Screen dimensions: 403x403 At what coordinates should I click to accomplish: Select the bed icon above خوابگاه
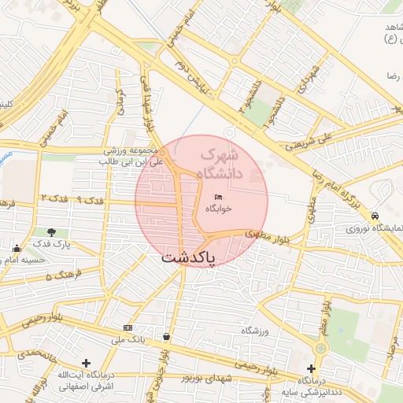(219, 197)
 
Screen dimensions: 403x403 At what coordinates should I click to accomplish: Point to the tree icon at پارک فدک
(52, 232)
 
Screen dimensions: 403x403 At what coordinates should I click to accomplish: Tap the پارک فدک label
(52, 245)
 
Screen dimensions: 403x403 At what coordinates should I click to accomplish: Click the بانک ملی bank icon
(128, 327)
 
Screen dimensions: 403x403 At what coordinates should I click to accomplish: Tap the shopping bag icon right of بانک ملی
(166, 337)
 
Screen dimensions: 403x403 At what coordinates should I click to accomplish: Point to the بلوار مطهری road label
(264, 234)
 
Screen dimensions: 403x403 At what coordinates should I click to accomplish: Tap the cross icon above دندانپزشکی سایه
(312, 368)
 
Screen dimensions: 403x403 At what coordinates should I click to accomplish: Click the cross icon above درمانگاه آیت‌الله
(86, 362)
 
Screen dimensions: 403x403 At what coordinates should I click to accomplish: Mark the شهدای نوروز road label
(208, 379)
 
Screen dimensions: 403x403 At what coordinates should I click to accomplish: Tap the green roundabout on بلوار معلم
(321, 348)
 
